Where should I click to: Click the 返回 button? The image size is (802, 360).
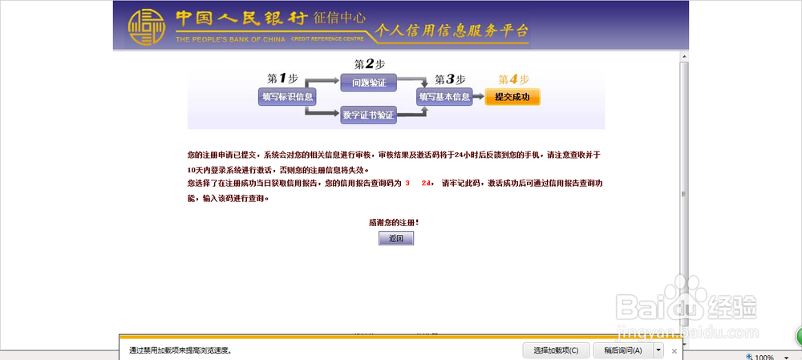coord(396,239)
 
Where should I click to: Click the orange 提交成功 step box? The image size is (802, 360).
coord(512,97)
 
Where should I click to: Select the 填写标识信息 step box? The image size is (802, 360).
coord(286,97)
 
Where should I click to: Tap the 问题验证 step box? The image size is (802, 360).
coord(369,82)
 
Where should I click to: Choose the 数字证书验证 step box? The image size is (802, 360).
coord(369,115)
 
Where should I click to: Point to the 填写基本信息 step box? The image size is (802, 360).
coord(444,97)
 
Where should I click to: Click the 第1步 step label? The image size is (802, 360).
coord(282,78)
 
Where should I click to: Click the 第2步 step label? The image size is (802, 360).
coord(369,64)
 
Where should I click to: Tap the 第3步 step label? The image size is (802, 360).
coord(449,79)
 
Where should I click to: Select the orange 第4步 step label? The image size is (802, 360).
coord(513,79)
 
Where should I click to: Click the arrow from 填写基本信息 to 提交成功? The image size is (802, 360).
coord(478,97)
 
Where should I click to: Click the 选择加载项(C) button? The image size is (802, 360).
coord(557,350)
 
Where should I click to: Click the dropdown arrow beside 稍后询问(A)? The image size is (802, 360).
coord(658,350)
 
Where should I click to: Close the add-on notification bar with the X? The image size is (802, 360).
coord(674,351)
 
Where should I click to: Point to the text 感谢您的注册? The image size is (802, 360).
coord(394,222)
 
